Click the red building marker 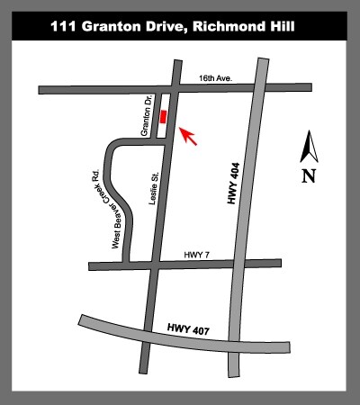[x=163, y=117]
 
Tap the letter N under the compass [x=309, y=175]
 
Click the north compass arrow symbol [x=309, y=145]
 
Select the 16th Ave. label [x=216, y=80]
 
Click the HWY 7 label [x=193, y=255]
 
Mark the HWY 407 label [x=187, y=332]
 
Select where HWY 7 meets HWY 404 [x=247, y=264]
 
